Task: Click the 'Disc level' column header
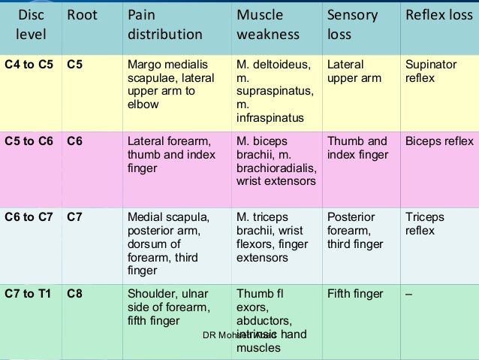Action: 31,25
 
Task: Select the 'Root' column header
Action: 82,16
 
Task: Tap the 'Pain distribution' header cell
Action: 164,25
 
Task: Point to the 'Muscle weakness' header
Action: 268,25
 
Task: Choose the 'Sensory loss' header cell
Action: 351,25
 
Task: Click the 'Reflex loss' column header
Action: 439,16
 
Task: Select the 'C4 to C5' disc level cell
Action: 29,65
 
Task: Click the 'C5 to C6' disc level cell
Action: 29,141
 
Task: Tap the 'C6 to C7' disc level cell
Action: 29,217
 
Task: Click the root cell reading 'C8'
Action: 74,294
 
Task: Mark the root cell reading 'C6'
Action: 74,141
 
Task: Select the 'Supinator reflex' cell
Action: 430,71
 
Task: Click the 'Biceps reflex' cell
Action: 439,141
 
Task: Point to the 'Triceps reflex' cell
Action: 425,224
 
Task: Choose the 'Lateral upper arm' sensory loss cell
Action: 354,71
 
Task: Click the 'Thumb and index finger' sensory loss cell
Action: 357,148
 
